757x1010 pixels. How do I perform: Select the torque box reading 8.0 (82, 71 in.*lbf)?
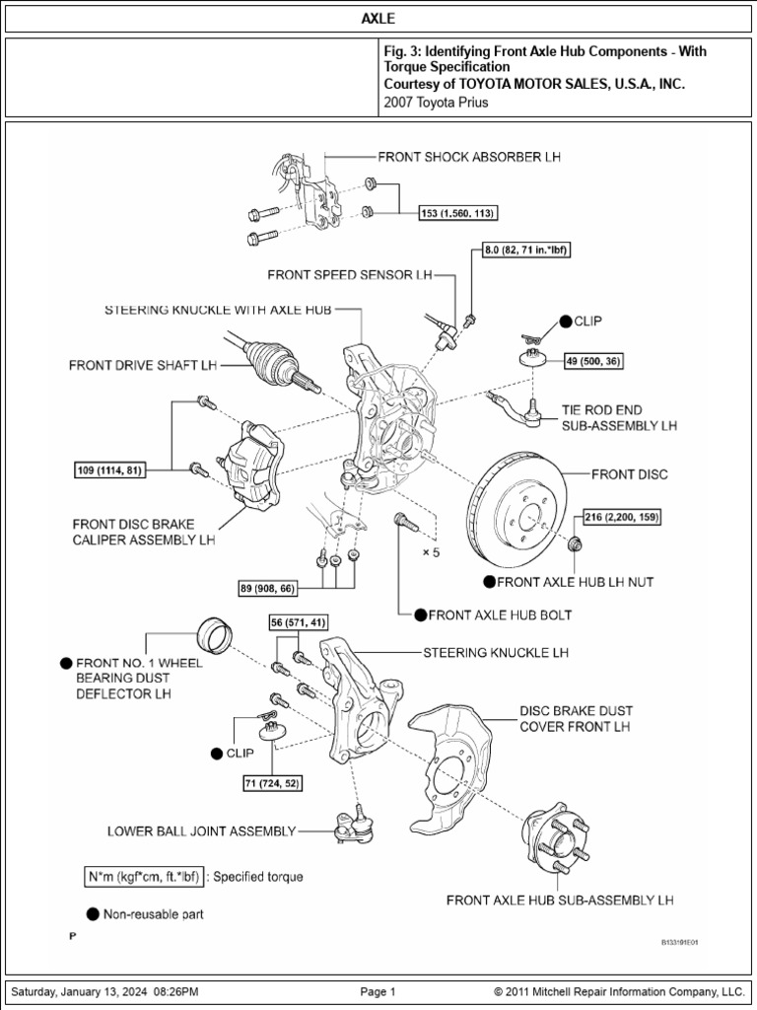pyautogui.click(x=526, y=252)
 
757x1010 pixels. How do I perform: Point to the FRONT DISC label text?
pyautogui.click(x=629, y=474)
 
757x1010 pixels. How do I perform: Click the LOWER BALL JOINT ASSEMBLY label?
pyautogui.click(x=201, y=831)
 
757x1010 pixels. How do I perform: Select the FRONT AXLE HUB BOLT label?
pyautogui.click(x=500, y=614)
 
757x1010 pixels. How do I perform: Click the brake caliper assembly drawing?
pyautogui.click(x=252, y=464)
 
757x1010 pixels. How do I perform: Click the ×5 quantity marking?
pyautogui.click(x=431, y=552)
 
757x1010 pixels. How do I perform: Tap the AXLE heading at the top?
pyautogui.click(x=378, y=19)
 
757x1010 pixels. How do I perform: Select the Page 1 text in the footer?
pyautogui.click(x=378, y=991)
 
